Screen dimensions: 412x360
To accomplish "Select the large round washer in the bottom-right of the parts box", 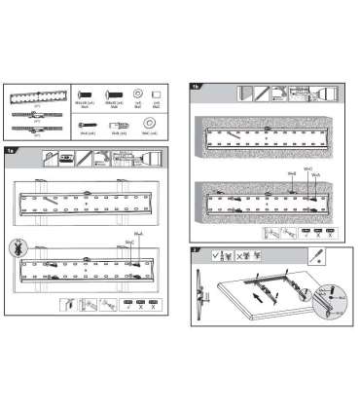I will [x=148, y=124].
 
